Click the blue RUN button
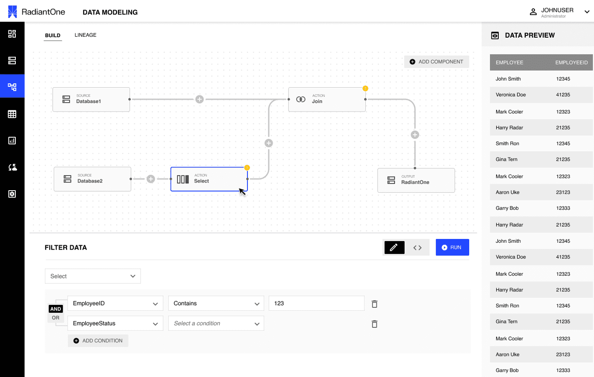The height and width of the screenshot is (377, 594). pos(452,247)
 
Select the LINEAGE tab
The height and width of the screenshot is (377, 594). pos(85,35)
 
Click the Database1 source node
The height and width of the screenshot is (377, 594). pos(91,100)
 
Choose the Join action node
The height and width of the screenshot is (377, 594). pos(327,100)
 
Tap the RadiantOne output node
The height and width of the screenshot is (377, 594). pos(416,180)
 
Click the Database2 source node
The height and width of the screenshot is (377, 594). pos(92,179)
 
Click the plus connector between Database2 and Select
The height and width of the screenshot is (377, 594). pos(150,179)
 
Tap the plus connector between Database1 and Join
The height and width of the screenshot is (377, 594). pos(200,99)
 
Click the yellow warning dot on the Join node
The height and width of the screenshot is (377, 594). pos(365,88)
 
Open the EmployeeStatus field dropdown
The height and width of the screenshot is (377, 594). pos(115,324)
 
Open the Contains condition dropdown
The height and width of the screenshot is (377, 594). pos(216,303)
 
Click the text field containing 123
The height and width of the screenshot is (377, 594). pos(316,303)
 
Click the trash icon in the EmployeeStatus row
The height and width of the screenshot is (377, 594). pos(374,324)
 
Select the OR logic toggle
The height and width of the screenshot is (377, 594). pos(56,318)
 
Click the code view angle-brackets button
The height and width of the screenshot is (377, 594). pos(417,247)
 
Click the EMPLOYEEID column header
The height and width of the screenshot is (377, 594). pos(571,62)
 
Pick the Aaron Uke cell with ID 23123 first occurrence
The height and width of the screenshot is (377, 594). pos(563,192)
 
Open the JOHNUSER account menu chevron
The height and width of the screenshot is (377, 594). pos(587,12)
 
